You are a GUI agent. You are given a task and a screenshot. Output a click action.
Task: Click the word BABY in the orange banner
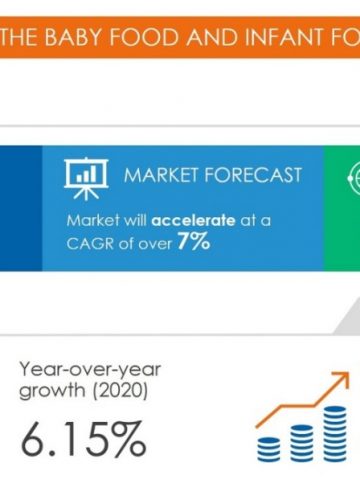tap(73, 37)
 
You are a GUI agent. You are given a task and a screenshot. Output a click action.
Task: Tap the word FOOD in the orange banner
tap(145, 37)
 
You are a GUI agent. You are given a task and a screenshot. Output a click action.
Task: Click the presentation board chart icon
tap(86, 178)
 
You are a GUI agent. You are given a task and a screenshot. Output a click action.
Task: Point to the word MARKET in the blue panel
tap(161, 175)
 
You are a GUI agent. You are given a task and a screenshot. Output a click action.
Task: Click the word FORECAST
tap(253, 175)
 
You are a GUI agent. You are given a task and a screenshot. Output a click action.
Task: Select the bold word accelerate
tap(194, 220)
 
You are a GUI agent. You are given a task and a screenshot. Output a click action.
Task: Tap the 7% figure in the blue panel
tap(194, 241)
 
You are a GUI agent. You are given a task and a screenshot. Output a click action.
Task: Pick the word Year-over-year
tap(90, 370)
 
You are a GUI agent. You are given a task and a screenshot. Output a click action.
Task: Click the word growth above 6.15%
tap(52, 390)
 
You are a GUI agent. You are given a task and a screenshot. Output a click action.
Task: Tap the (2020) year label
tap(120, 390)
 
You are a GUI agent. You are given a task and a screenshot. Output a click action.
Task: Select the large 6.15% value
tap(83, 439)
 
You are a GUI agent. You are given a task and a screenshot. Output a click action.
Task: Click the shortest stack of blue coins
tap(269, 450)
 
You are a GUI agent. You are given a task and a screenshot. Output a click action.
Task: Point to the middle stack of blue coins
tap(302, 443)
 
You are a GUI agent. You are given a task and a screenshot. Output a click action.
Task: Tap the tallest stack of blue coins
tap(335, 434)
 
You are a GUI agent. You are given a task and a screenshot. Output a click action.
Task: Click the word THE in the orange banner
tap(18, 37)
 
